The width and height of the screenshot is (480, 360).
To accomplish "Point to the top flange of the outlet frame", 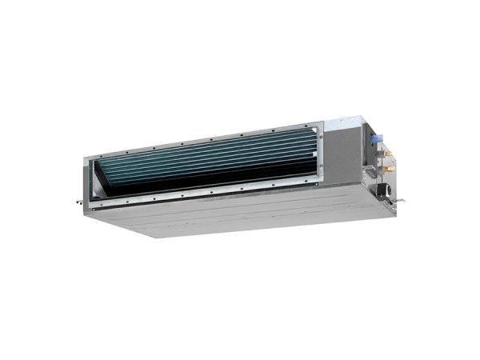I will coord(208,135).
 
